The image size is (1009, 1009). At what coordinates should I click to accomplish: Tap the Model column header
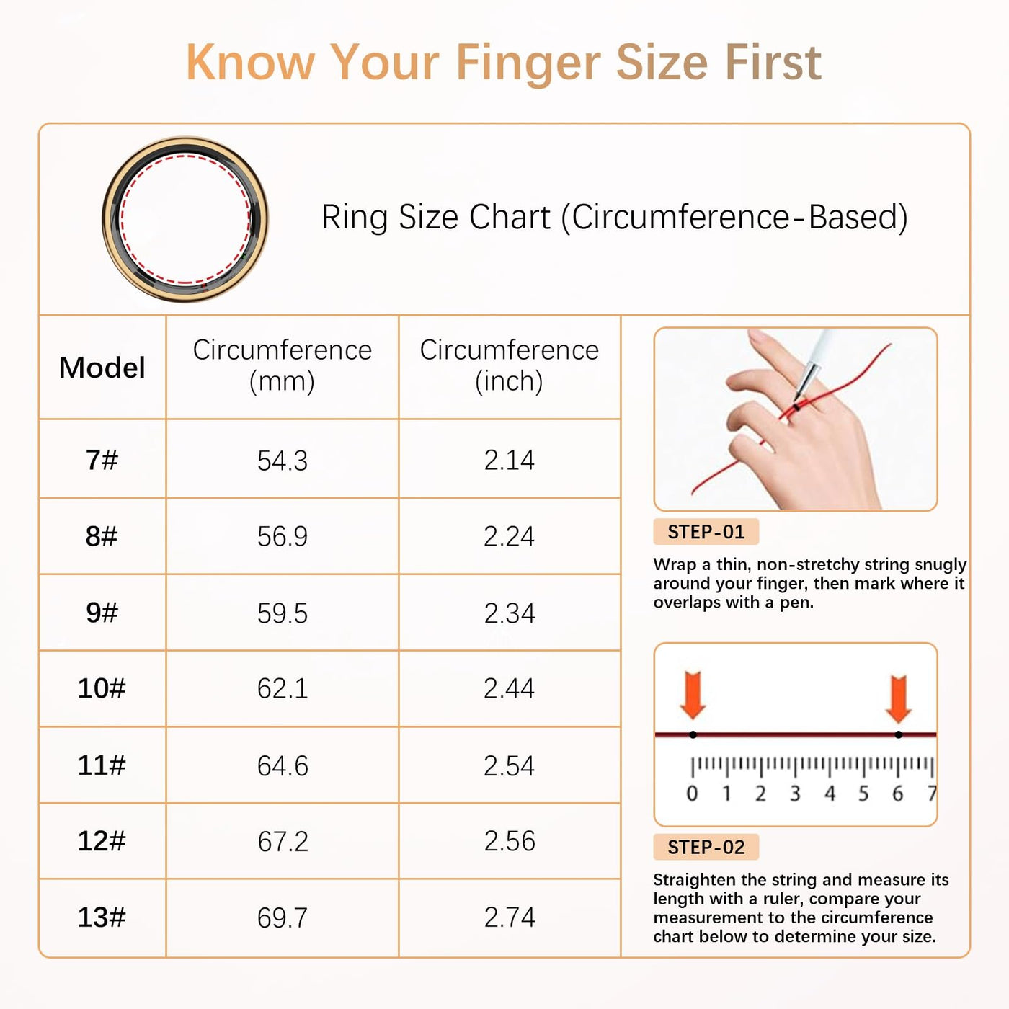pyautogui.click(x=102, y=368)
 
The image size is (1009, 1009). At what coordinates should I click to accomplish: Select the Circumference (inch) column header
pyautogui.click(x=509, y=365)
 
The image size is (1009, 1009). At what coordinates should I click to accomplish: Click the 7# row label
pyautogui.click(x=102, y=461)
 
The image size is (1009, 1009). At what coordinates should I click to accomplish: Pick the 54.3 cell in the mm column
pyautogui.click(x=283, y=461)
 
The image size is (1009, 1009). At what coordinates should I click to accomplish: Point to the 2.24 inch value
pyautogui.click(x=509, y=537)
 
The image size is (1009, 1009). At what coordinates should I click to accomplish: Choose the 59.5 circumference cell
pyautogui.click(x=283, y=613)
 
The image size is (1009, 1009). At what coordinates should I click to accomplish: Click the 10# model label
pyautogui.click(x=102, y=688)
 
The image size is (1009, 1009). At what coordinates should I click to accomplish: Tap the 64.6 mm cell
pyautogui.click(x=283, y=766)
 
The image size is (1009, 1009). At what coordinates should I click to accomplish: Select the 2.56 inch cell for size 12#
pyautogui.click(x=509, y=842)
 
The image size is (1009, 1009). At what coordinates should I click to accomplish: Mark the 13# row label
pyautogui.click(x=102, y=917)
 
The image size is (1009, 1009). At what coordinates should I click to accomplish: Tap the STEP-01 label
pyautogui.click(x=706, y=532)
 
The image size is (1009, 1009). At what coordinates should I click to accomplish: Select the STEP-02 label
pyautogui.click(x=706, y=848)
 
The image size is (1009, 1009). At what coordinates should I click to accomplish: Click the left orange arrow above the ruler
pyautogui.click(x=693, y=695)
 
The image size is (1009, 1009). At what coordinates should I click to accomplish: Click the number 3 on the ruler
pyautogui.click(x=795, y=794)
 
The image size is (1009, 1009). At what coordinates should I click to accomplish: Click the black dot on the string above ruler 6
pyautogui.click(x=899, y=734)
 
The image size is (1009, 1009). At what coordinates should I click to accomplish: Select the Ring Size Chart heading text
pyautogui.click(x=614, y=217)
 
